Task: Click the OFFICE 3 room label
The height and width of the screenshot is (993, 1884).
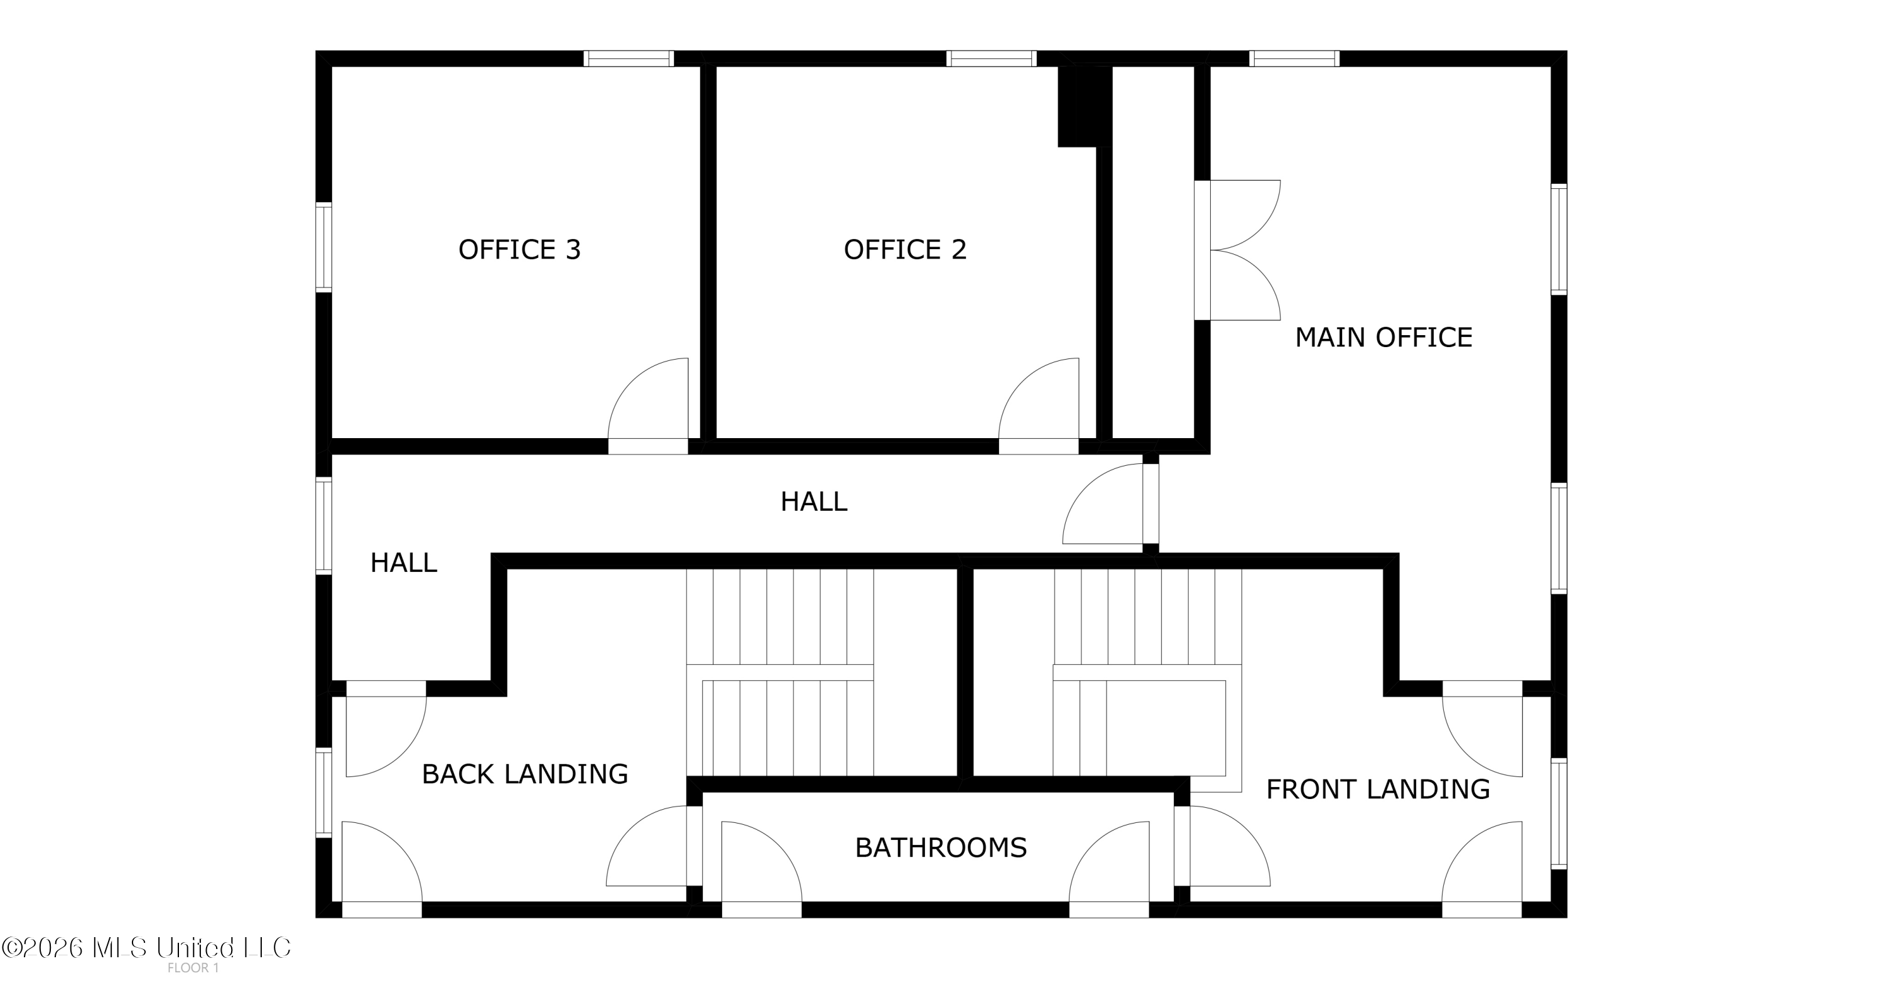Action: pos(519,250)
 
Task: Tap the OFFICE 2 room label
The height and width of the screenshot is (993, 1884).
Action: pos(905,250)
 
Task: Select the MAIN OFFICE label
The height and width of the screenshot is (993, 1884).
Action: pos(1383,337)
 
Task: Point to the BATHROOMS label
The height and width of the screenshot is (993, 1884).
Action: pos(941,847)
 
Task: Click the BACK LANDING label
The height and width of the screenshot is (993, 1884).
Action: pos(525,774)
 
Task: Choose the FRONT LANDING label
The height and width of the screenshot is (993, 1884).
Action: pos(1378,789)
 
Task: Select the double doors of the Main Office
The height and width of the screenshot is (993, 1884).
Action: pos(1237,250)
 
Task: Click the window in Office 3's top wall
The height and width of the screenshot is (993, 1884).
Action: pos(628,58)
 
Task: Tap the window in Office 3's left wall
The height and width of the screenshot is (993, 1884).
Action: pos(323,247)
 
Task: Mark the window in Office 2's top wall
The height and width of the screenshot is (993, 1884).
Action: pos(992,58)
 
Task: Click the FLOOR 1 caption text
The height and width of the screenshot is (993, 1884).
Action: pos(193,968)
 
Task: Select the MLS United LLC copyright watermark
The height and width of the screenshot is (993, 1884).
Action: pos(146,948)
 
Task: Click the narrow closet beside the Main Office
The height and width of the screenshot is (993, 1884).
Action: pos(1154,252)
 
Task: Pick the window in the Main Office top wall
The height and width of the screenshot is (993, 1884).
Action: pos(1294,58)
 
